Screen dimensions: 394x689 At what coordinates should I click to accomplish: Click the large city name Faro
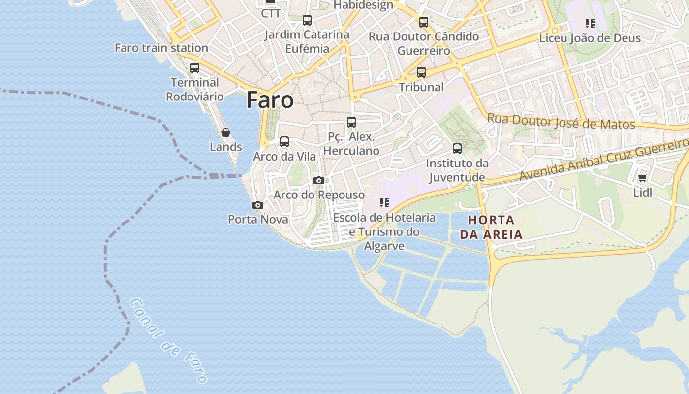click(270, 100)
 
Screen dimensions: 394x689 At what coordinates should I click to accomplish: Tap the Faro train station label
click(161, 48)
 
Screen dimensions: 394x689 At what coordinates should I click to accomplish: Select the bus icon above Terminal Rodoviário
click(195, 68)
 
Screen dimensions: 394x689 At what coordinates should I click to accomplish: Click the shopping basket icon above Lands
click(225, 132)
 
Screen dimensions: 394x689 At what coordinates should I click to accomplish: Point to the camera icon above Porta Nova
click(257, 205)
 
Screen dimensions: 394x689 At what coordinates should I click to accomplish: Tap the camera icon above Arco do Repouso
click(319, 180)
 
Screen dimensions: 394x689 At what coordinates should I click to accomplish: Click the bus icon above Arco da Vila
click(284, 142)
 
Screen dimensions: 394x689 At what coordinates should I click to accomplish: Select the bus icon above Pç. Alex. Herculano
click(351, 122)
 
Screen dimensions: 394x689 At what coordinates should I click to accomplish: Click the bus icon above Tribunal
click(421, 72)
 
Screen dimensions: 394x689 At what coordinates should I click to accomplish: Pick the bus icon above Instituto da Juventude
click(457, 148)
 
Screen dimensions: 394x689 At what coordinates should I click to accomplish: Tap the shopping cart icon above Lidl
click(642, 178)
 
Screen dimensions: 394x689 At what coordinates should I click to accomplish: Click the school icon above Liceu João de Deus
click(590, 23)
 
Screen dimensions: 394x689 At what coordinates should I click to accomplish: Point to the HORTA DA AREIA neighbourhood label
click(491, 227)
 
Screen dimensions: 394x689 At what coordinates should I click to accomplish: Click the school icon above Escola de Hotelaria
click(384, 202)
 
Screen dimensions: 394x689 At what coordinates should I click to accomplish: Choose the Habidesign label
click(363, 5)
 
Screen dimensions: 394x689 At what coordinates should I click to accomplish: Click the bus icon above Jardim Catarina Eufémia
click(307, 20)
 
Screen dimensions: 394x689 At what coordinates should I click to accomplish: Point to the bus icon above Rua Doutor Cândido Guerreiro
click(424, 22)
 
